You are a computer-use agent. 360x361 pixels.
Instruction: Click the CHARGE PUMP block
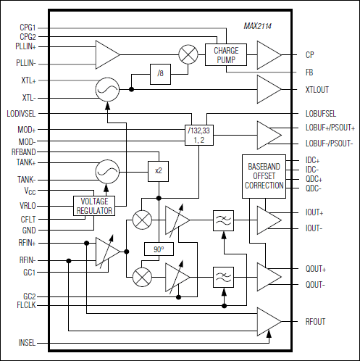(x=226, y=55)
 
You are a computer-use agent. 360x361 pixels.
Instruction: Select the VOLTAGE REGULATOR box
(x=93, y=206)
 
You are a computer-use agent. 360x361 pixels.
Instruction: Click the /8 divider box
(x=161, y=73)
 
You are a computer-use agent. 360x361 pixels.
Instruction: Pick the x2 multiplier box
(x=158, y=171)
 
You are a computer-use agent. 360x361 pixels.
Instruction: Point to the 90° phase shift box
(x=158, y=249)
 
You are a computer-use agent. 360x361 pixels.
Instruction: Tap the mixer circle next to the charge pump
(x=188, y=55)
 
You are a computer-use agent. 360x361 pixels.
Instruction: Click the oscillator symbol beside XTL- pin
(x=108, y=89)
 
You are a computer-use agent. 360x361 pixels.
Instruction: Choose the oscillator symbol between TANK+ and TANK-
(x=108, y=171)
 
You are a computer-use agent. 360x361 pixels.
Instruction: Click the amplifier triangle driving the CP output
(x=269, y=54)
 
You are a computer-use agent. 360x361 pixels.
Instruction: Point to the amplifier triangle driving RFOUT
(x=269, y=321)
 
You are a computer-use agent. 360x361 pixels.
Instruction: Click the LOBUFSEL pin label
(x=321, y=114)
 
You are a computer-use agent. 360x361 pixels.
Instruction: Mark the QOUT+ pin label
(x=316, y=268)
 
